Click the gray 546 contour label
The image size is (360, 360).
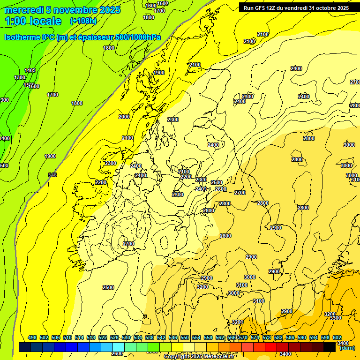[x=52, y=175]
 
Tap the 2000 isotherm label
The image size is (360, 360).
[x=124, y=117]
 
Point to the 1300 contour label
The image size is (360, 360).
[x=20, y=77]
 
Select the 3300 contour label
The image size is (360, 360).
[x=336, y=318]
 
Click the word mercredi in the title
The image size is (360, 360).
[x=23, y=10]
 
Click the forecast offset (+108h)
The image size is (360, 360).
[x=83, y=21]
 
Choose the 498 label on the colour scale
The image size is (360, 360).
[x=32, y=337]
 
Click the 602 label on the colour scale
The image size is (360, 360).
[x=337, y=337]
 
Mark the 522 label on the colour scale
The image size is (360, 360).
[x=103, y=337]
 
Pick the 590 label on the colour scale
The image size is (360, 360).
[x=301, y=337]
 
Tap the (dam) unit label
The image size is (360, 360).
[x=347, y=347]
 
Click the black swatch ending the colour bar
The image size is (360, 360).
[x=330, y=347]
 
